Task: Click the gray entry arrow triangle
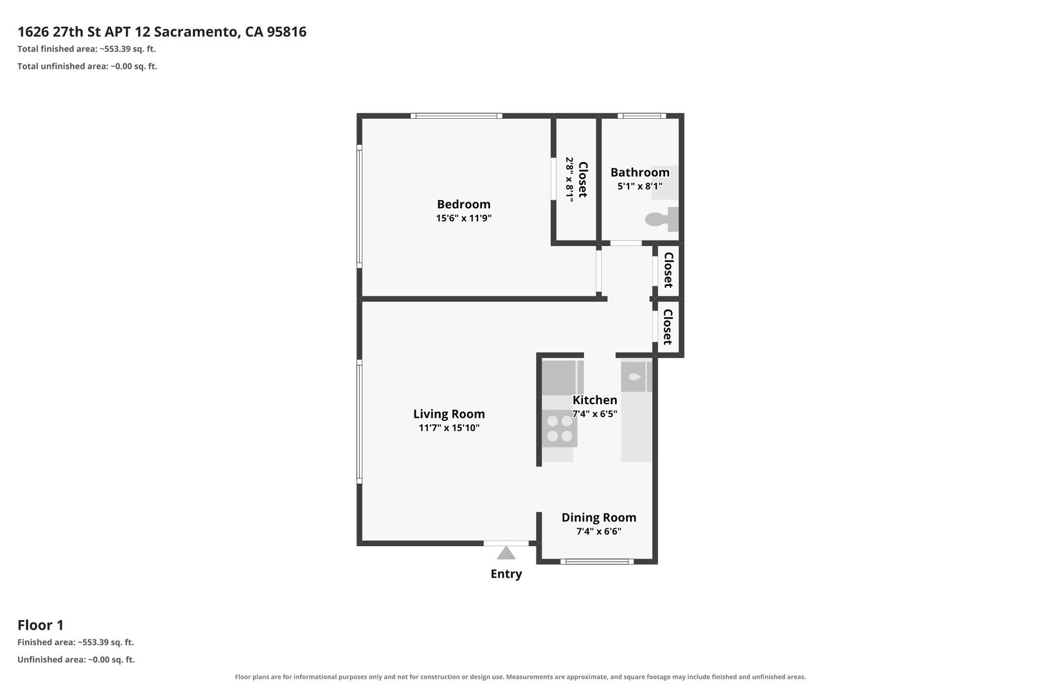pos(506,553)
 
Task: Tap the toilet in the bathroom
pos(662,219)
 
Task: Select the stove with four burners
pos(560,429)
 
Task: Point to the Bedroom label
pos(463,204)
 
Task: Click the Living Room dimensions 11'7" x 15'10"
pos(449,428)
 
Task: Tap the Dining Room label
pos(599,517)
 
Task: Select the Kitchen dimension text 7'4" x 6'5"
pos(594,414)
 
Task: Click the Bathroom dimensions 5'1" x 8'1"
pos(640,186)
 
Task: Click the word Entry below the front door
pos(506,574)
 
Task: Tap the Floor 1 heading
pos(40,625)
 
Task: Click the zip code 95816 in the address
pos(287,31)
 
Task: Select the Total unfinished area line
pos(87,66)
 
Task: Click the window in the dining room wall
pos(597,562)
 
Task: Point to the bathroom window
pos(642,116)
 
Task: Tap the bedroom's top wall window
pos(456,116)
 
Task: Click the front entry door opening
pos(506,543)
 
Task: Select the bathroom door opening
pos(625,243)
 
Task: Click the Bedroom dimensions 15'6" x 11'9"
pos(463,218)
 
